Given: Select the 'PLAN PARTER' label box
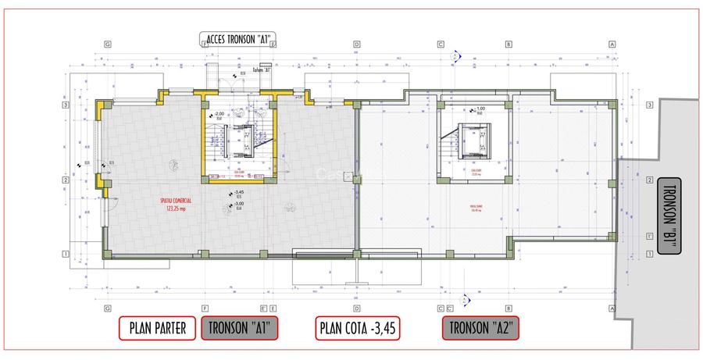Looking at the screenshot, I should (156, 329).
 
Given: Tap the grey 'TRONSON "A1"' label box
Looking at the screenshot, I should (240, 329).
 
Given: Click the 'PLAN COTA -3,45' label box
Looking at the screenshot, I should (359, 329).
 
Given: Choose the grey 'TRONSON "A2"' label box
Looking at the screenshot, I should (480, 329).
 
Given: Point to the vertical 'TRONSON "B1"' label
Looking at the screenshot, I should (670, 216).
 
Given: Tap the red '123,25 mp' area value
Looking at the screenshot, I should (179, 209).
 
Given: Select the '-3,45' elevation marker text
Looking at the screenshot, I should (239, 192).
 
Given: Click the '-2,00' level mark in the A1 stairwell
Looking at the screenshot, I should (219, 114).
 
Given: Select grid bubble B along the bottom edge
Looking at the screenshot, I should (509, 308).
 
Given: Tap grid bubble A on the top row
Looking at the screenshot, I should (612, 45).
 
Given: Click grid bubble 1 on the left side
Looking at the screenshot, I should (66, 254).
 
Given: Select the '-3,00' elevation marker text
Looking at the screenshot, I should (239, 204).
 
